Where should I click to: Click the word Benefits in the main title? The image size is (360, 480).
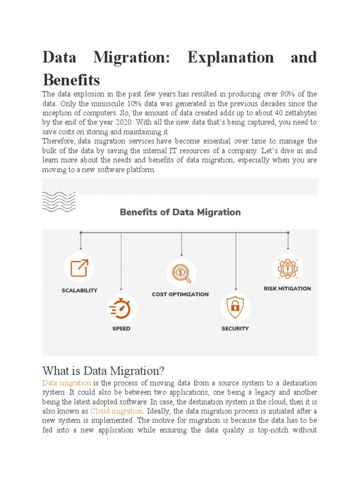point(71,79)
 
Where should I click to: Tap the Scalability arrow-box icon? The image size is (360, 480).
point(79,268)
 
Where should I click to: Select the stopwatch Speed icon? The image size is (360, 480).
point(121,308)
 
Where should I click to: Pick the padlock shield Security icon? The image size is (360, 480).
point(235,307)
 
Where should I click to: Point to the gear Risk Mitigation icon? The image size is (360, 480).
point(287,269)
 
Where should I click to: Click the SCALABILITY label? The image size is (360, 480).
point(80,291)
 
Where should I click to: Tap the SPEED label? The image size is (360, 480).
point(121,329)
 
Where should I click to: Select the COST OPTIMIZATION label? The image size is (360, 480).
point(180,294)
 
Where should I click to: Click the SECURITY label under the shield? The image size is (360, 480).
point(235,329)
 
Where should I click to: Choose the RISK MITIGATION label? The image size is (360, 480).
point(287,289)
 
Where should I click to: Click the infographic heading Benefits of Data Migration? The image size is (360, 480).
point(180,212)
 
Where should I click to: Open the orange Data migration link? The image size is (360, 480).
point(67,383)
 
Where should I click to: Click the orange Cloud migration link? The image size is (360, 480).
point(117,411)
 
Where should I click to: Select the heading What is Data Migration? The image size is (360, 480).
point(104,371)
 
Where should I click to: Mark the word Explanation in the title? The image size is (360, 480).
point(231,57)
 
